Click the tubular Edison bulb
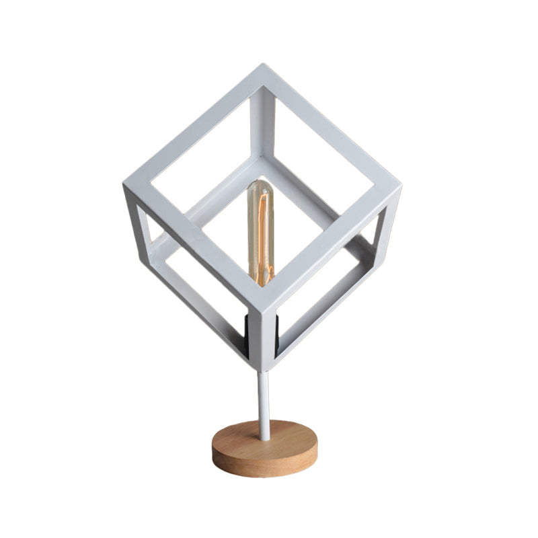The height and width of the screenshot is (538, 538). click(x=261, y=232)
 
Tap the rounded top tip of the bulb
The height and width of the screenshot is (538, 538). click(x=261, y=184)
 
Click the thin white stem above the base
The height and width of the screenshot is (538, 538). click(x=264, y=403)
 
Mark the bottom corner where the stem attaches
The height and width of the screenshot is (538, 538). click(x=264, y=367)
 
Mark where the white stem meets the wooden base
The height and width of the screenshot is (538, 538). click(x=264, y=437)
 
